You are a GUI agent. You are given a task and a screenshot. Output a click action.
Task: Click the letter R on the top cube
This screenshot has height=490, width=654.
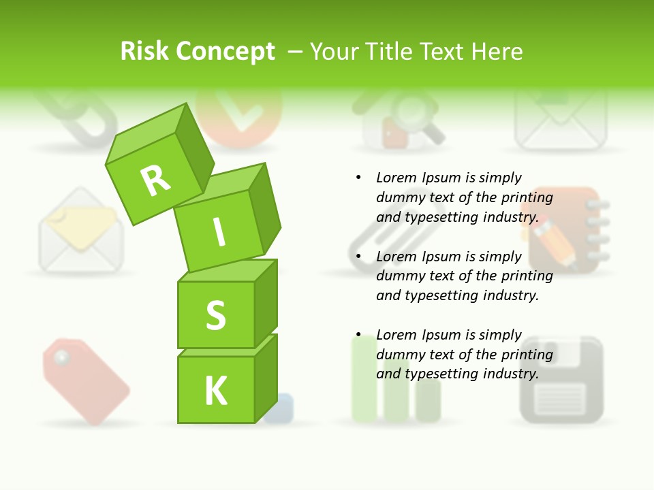point(155,180)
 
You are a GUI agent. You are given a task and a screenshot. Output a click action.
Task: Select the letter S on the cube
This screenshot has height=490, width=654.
point(216,314)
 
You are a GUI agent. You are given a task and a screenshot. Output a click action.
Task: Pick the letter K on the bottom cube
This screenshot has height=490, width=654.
point(216,391)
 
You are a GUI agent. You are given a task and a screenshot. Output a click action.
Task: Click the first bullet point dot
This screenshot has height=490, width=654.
point(358,178)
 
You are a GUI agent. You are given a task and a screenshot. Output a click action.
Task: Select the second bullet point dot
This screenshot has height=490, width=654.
point(358,257)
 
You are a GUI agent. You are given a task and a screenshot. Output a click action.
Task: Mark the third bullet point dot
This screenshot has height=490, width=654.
point(358,336)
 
